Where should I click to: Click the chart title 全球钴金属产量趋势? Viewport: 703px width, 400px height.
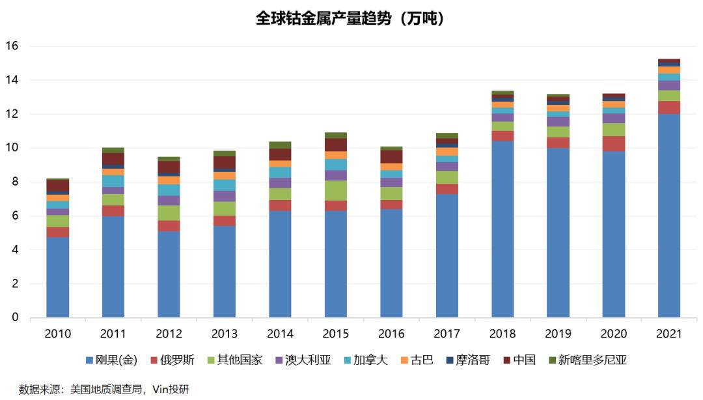(x=351, y=19)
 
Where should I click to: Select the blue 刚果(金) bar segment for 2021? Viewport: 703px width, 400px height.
(x=669, y=215)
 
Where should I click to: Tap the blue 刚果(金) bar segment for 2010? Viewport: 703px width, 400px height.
(x=57, y=277)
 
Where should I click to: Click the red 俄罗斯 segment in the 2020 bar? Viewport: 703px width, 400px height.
(x=613, y=143)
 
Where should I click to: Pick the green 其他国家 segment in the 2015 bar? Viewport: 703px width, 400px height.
(x=335, y=190)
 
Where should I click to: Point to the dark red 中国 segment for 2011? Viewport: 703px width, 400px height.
(x=113, y=158)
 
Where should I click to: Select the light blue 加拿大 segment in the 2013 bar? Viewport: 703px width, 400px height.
(x=224, y=185)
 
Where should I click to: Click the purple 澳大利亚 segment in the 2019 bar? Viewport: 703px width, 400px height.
(x=558, y=121)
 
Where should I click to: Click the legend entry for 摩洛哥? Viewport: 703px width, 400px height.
(x=465, y=360)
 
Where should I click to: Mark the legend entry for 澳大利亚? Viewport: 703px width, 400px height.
(x=302, y=360)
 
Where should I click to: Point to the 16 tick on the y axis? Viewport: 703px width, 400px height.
(x=12, y=46)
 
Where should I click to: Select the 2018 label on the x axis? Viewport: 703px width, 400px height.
(x=502, y=334)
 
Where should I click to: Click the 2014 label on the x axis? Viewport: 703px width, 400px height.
(x=280, y=334)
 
